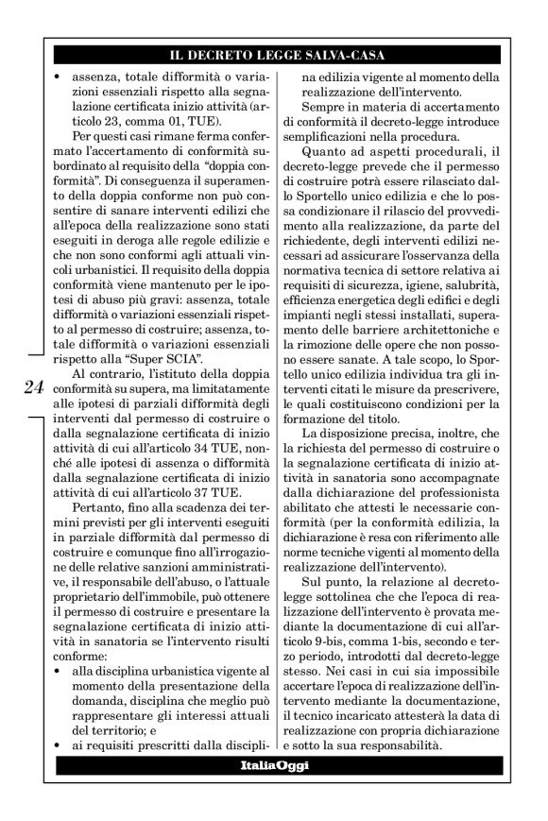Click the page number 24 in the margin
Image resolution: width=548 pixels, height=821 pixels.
point(32,386)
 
